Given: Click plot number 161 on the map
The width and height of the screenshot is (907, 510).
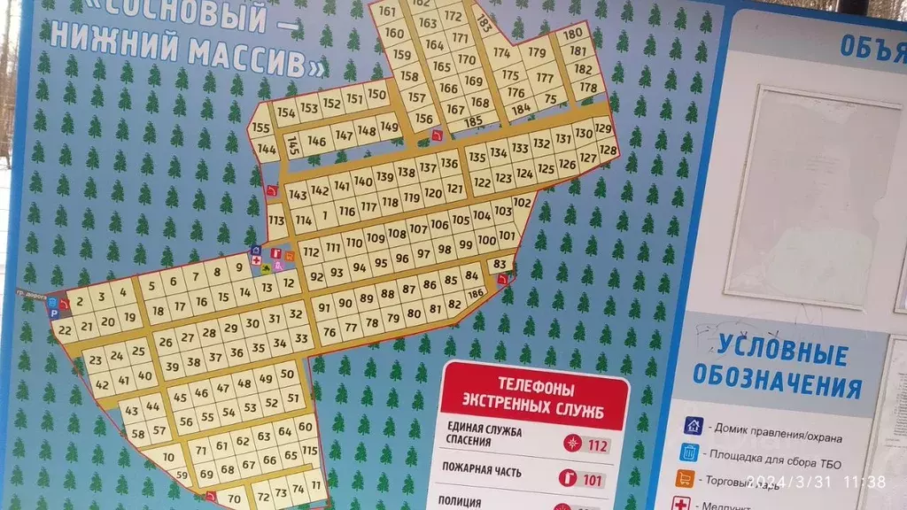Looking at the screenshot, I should pyautogui.click(x=387, y=12).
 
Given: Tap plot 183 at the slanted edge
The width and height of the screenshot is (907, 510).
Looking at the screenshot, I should pyautogui.click(x=484, y=24).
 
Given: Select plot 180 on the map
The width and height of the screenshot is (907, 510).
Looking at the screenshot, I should pyautogui.click(x=573, y=35).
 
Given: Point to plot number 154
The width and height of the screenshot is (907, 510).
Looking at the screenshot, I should pyautogui.click(x=285, y=112).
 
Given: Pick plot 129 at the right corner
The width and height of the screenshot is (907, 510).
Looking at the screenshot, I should pyautogui.click(x=603, y=129).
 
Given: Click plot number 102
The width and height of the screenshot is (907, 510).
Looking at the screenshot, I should pyautogui.click(x=522, y=203).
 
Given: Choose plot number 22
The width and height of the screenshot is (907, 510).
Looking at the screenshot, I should pyautogui.click(x=64, y=329).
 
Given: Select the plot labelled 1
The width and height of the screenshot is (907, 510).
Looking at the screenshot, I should pyautogui.click(x=325, y=214).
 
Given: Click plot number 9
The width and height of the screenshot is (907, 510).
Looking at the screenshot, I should pyautogui.click(x=238, y=266).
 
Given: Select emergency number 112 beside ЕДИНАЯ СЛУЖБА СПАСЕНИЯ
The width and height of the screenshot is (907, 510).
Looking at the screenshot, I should pyautogui.click(x=598, y=445).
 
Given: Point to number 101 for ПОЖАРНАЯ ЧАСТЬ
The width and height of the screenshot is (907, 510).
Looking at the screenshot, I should pyautogui.click(x=592, y=481).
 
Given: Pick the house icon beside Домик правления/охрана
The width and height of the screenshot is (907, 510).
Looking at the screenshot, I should pyautogui.click(x=693, y=426).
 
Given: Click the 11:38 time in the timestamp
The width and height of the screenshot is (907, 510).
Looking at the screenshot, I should pyautogui.click(x=864, y=482).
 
